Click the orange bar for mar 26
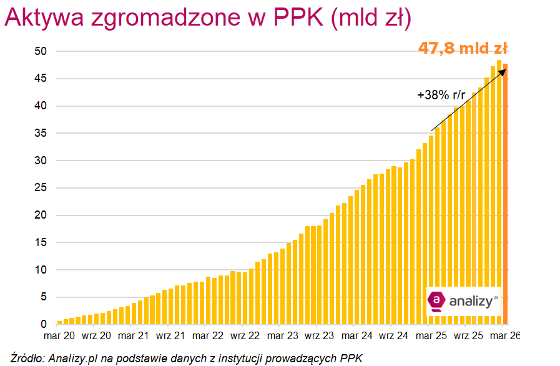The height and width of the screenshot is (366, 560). point(506,194)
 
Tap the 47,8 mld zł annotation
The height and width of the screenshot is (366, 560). point(463,48)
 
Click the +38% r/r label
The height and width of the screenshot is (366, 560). point(441,96)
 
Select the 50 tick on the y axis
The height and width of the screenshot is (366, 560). point(42,51)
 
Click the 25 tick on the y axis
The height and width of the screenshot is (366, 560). point(42,188)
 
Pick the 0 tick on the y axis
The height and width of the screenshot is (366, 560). point(44,325)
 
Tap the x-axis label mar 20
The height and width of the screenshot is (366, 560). point(59,336)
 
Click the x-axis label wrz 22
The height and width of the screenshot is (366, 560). point(245,336)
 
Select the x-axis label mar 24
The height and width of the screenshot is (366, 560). point(357,336)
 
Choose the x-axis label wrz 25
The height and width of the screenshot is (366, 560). point(468,336)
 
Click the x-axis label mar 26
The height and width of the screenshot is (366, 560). point(506,336)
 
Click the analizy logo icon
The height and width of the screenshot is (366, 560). point(436,301)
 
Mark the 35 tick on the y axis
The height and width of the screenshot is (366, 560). point(42,133)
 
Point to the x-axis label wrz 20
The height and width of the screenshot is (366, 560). point(96,336)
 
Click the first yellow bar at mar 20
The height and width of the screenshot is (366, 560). point(60,322)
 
